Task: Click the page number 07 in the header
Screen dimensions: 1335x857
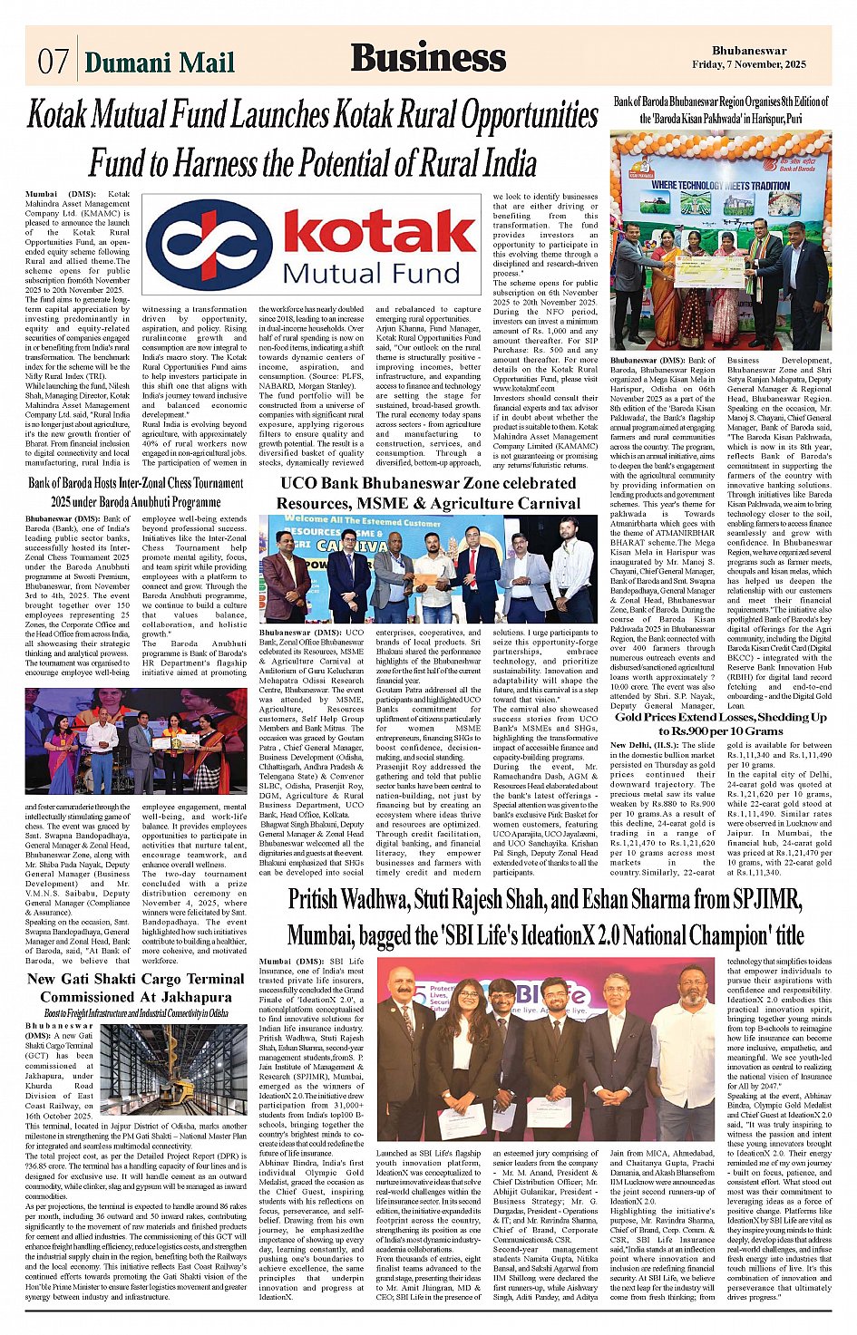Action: (53, 61)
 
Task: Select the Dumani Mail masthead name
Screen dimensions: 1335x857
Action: (159, 62)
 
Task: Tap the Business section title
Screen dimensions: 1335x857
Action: (428, 57)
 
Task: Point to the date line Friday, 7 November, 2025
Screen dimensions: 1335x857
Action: (748, 65)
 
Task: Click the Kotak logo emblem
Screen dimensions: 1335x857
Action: (209, 242)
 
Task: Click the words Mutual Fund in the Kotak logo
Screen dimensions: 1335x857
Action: (371, 271)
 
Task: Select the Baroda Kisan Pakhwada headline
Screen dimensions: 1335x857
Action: (721, 110)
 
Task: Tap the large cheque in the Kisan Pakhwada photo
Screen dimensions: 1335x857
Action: (708, 271)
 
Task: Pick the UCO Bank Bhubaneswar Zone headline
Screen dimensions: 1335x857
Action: (428, 493)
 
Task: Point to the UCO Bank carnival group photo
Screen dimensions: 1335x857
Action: (427, 568)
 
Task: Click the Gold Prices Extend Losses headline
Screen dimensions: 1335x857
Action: (721, 723)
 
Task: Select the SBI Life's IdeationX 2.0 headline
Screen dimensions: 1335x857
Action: (546, 916)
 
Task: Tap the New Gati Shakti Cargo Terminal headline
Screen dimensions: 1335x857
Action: (136, 987)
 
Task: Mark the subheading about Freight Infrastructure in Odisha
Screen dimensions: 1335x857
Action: (136, 1013)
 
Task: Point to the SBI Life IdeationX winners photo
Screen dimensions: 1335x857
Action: (545, 1050)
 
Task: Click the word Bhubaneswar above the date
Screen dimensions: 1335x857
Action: (749, 51)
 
